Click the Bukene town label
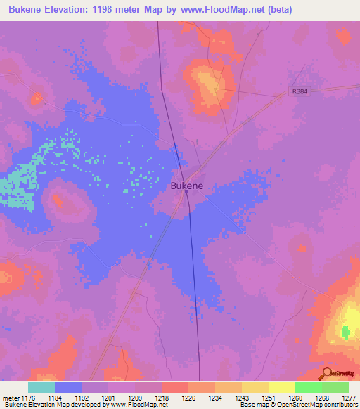[x=187, y=186]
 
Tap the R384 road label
[x=300, y=92]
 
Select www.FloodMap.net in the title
[x=220, y=10]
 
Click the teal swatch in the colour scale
[x=41, y=387]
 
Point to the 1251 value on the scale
[x=269, y=398]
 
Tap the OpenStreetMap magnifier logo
[x=327, y=373]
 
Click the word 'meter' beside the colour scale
[x=11, y=398]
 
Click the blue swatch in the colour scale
[x=68, y=387]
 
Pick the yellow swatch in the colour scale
[x=282, y=387]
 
